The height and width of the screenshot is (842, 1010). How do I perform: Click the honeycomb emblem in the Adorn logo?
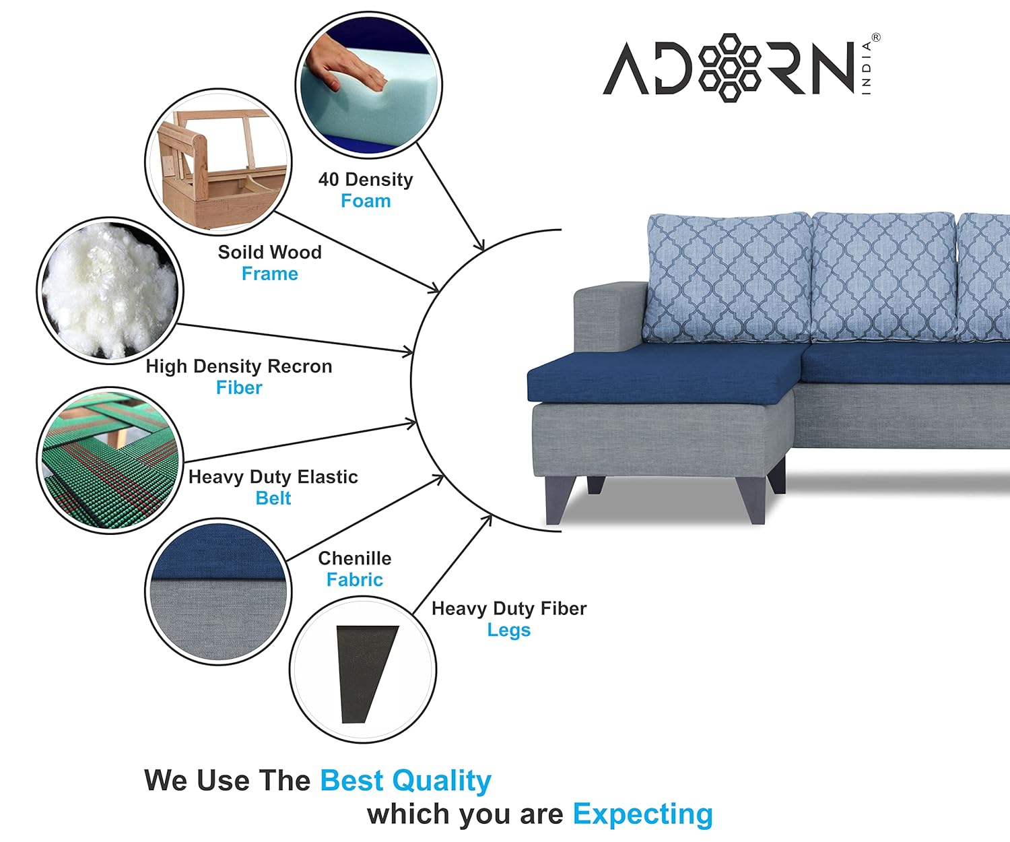(730, 67)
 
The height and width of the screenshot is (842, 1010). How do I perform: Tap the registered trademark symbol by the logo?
(875, 37)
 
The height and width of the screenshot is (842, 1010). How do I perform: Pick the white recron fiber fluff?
(110, 290)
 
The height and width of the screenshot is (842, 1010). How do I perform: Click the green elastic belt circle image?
(110, 460)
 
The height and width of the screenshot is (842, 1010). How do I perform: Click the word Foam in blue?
(366, 201)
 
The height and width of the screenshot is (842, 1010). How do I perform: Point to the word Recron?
(300, 366)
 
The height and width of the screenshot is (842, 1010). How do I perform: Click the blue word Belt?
(273, 498)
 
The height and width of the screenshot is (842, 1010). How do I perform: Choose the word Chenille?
(355, 558)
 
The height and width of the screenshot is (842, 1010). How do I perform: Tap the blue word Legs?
(509, 630)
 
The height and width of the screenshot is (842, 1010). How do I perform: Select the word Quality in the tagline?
(442, 781)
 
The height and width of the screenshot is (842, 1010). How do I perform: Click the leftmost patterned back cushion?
(728, 278)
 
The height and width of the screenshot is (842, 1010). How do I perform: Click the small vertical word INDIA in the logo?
(867, 68)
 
